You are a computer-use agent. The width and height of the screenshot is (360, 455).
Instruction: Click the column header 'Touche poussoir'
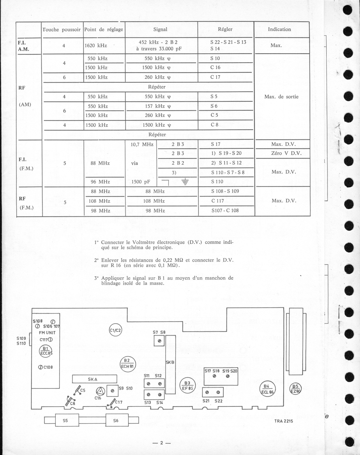tap(61, 29)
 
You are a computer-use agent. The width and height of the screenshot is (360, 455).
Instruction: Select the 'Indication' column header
tap(279, 29)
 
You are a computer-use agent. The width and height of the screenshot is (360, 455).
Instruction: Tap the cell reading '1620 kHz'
tap(96, 45)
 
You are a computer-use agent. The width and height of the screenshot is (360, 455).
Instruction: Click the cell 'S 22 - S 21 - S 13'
tap(228, 42)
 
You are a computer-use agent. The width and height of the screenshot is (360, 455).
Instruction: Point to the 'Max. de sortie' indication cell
tap(281, 97)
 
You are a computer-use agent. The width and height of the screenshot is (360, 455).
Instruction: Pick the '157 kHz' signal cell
tap(158, 106)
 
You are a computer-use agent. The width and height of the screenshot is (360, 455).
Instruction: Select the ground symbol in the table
tap(185, 182)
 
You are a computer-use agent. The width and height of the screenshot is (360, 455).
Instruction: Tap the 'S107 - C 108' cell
tap(225, 210)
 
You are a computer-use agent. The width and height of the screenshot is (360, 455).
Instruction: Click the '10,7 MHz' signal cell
tap(142, 144)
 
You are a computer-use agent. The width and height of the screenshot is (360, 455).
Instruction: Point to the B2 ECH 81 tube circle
tap(127, 364)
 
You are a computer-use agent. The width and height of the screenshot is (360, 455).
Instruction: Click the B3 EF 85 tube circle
tap(187, 386)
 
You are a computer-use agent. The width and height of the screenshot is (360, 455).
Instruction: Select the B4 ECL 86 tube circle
tap(267, 389)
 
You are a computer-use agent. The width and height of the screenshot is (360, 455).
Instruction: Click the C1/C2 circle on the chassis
tap(115, 330)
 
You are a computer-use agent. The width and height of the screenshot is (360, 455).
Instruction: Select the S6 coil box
tap(116, 420)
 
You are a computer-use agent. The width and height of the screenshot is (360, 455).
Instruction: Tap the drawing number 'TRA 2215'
tap(283, 421)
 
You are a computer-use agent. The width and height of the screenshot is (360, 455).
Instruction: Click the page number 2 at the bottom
tap(162, 443)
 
